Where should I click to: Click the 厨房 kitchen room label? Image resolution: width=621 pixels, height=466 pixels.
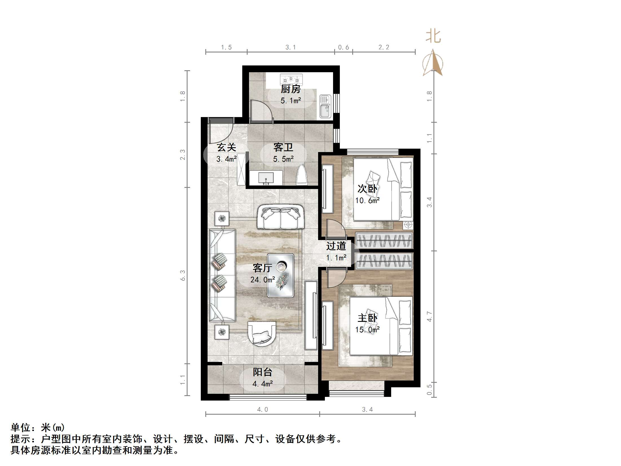290,89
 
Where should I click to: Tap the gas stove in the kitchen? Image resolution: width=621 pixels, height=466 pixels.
291,80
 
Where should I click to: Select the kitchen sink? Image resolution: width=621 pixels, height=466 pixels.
325,106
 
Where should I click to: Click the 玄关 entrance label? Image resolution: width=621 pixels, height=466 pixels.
226,147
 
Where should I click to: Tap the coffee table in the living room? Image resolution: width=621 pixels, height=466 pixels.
281,275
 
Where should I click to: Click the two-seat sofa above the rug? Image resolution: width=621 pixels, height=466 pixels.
280,217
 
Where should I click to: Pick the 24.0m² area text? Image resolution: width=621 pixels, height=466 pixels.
263,280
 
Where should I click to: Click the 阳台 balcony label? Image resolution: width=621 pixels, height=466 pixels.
263,372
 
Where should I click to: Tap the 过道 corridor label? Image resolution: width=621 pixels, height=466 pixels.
336,246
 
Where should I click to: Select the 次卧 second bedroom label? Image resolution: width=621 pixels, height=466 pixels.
367,189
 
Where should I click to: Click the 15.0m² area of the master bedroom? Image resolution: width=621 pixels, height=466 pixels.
367,329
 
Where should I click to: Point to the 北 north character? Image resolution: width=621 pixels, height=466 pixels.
433,36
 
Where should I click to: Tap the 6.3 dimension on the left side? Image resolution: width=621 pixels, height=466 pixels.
183,275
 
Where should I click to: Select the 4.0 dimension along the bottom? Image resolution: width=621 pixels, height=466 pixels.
263,409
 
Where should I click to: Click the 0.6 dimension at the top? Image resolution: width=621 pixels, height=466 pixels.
343,47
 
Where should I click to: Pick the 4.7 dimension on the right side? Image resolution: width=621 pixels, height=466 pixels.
429,316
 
